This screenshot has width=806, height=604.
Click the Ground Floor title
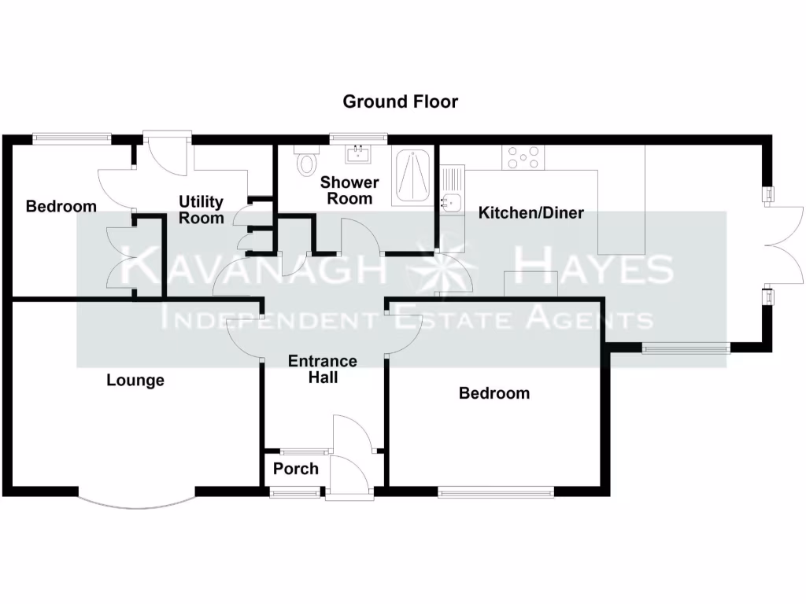(x=400, y=101)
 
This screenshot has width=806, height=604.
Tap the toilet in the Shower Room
(x=305, y=163)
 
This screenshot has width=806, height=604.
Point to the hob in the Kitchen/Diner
(x=523, y=158)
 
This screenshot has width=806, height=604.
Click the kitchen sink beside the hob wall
(x=452, y=203)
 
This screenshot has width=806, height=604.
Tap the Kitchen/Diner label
(x=531, y=212)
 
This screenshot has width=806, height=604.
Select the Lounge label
(x=135, y=381)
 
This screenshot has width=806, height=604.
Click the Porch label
(x=296, y=469)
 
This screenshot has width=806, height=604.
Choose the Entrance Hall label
(x=323, y=370)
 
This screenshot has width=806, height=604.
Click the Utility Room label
(x=201, y=210)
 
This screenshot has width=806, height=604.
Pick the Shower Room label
(x=349, y=190)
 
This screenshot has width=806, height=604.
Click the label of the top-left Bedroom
(x=61, y=207)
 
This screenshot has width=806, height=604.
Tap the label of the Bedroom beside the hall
(x=494, y=393)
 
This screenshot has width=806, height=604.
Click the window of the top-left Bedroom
(x=72, y=139)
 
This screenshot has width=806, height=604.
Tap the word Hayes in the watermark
(x=592, y=269)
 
